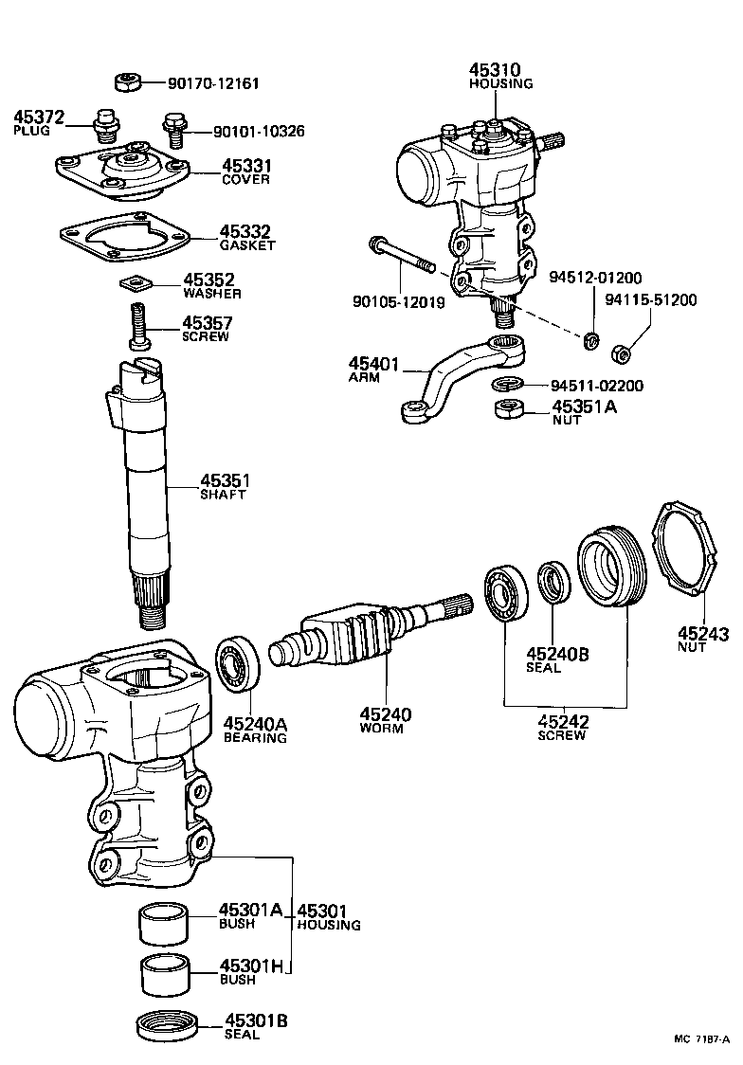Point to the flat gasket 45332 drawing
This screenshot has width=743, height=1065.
[x=124, y=237]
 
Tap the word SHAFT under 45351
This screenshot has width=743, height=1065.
[x=223, y=495]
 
